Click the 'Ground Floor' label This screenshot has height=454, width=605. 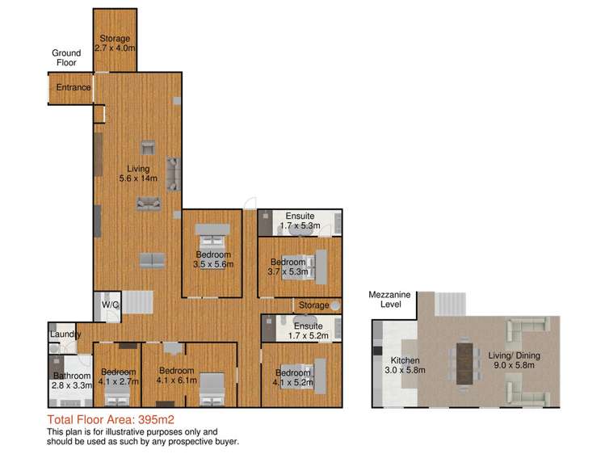tap(66, 58)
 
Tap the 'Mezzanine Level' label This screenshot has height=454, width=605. tap(389, 300)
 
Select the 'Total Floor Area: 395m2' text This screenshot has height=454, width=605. tap(111, 419)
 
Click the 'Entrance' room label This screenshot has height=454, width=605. tap(74, 87)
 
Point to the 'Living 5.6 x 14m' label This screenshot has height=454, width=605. tap(138, 174)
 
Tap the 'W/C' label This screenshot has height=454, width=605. tap(111, 305)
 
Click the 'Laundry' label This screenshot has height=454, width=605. tap(65, 334)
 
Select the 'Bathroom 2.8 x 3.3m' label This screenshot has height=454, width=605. tap(72, 380)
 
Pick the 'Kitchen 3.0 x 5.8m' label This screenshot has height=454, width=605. tap(405, 365)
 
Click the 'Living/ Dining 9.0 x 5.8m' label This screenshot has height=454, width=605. tap(515, 360)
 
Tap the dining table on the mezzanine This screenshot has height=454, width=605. tap(464, 364)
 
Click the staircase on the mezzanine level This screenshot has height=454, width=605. tap(451, 304)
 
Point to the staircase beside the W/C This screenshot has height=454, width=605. tap(138, 302)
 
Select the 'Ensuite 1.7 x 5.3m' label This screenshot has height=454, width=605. tap(300, 221)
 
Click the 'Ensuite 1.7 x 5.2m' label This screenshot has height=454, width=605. tap(309, 331)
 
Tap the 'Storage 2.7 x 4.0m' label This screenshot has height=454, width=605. tap(115, 43)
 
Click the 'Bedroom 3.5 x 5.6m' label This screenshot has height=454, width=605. tap(213, 259)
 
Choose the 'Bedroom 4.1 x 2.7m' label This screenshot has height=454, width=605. tap(119, 377)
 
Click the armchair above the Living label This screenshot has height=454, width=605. tap(148, 148)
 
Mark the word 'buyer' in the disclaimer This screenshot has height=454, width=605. tap(226, 442)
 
